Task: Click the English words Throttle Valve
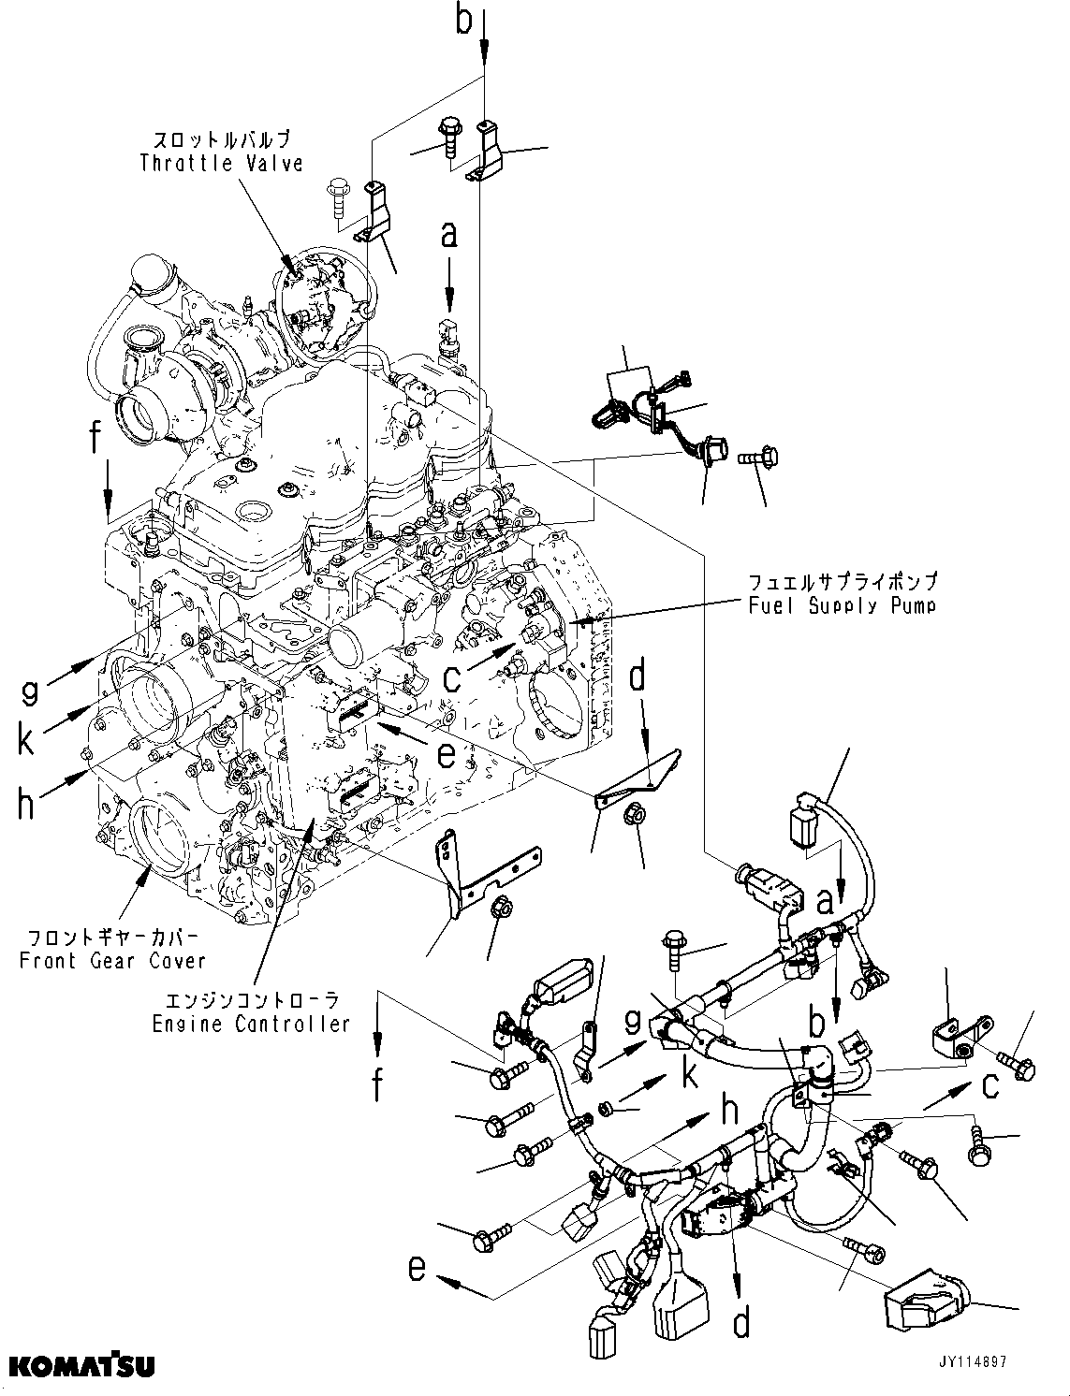tap(222, 164)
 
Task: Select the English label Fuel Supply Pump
tap(842, 605)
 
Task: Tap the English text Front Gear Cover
tap(112, 961)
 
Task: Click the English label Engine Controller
tap(251, 1024)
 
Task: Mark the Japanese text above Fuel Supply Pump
tap(842, 582)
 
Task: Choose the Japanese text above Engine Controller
tap(251, 999)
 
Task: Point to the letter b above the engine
tap(464, 21)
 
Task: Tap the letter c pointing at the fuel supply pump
tap(452, 677)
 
